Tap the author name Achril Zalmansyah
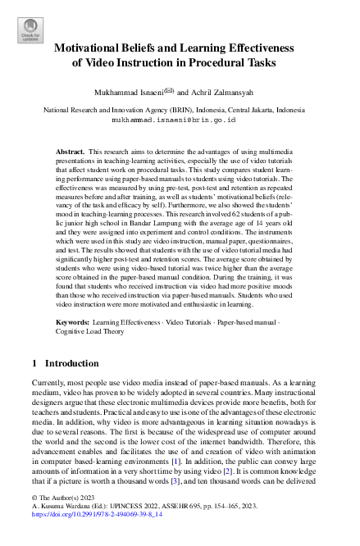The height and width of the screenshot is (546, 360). pyautogui.click(x=216, y=92)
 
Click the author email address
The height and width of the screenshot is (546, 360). pyautogui.click(x=179, y=119)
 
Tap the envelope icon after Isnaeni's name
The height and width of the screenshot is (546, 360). pyautogui.click(x=168, y=91)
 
